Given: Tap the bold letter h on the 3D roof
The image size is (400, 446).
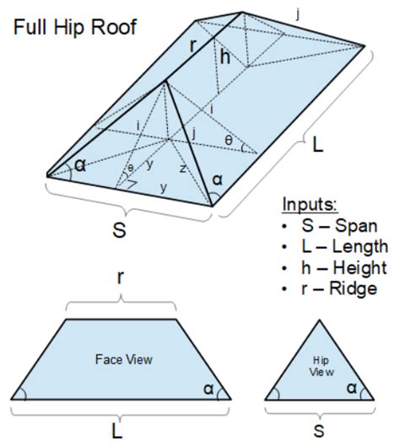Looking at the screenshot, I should pos(224,58).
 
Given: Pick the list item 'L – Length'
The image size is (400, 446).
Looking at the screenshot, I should pos(333,248).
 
